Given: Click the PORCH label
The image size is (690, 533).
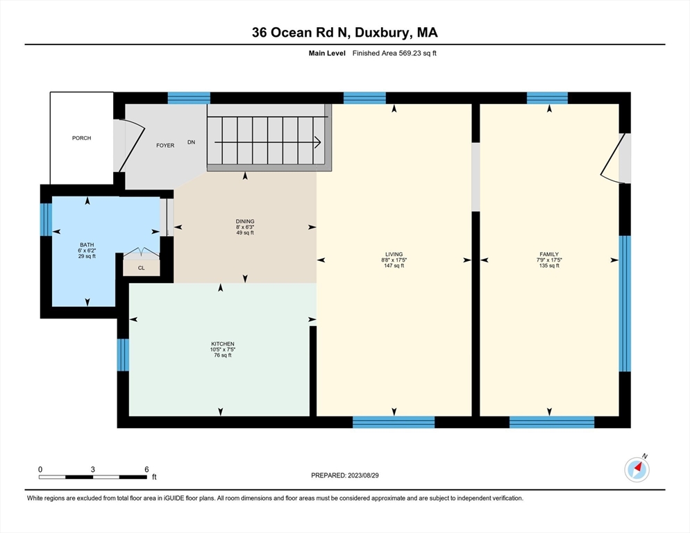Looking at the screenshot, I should click(81, 138).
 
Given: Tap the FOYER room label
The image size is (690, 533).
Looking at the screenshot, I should click(165, 146).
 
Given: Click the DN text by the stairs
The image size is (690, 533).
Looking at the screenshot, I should click(191, 142).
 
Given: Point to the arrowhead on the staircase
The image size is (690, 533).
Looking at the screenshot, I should click(317, 142).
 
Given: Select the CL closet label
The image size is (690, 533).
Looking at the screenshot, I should click(141, 267).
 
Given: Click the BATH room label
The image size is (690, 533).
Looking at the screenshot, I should click(87, 244).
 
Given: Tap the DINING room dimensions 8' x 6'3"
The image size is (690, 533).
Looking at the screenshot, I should click(244, 227).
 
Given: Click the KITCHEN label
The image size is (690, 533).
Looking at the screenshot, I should click(223, 344).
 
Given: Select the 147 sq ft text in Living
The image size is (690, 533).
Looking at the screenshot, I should click(394, 266).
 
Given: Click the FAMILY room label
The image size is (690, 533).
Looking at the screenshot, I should click(549, 254).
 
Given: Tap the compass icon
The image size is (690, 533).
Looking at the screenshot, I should click(637, 470).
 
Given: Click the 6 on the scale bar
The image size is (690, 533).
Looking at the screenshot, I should click(146, 469).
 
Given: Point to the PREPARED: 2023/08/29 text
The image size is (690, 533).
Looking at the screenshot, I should click(345, 475).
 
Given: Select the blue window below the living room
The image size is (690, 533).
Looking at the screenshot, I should click(394, 421).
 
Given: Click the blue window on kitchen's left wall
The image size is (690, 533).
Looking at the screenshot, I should click(122, 355).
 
